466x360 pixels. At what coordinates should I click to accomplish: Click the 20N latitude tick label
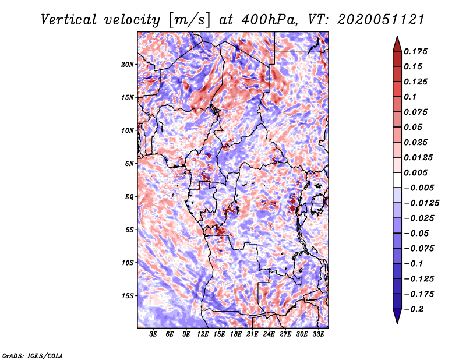pos(128,64)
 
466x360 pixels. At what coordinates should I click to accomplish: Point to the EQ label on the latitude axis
pos(129,196)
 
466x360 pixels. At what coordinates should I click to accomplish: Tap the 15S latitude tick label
pos(128,295)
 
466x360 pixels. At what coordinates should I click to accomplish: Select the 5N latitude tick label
pos(129,163)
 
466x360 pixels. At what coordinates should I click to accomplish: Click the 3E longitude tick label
pos(153,334)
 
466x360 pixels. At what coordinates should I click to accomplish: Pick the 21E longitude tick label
pos(252,334)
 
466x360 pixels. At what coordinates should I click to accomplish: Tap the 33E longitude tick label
pos(318,334)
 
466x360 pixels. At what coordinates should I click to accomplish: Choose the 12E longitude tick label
pos(203,334)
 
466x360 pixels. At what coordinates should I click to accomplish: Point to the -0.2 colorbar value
pos(415,309)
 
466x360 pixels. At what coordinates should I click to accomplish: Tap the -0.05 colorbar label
pos(417,233)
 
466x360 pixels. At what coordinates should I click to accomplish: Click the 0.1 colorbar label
pos(411,97)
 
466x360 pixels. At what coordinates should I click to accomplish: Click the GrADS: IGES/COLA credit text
pos(32,355)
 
